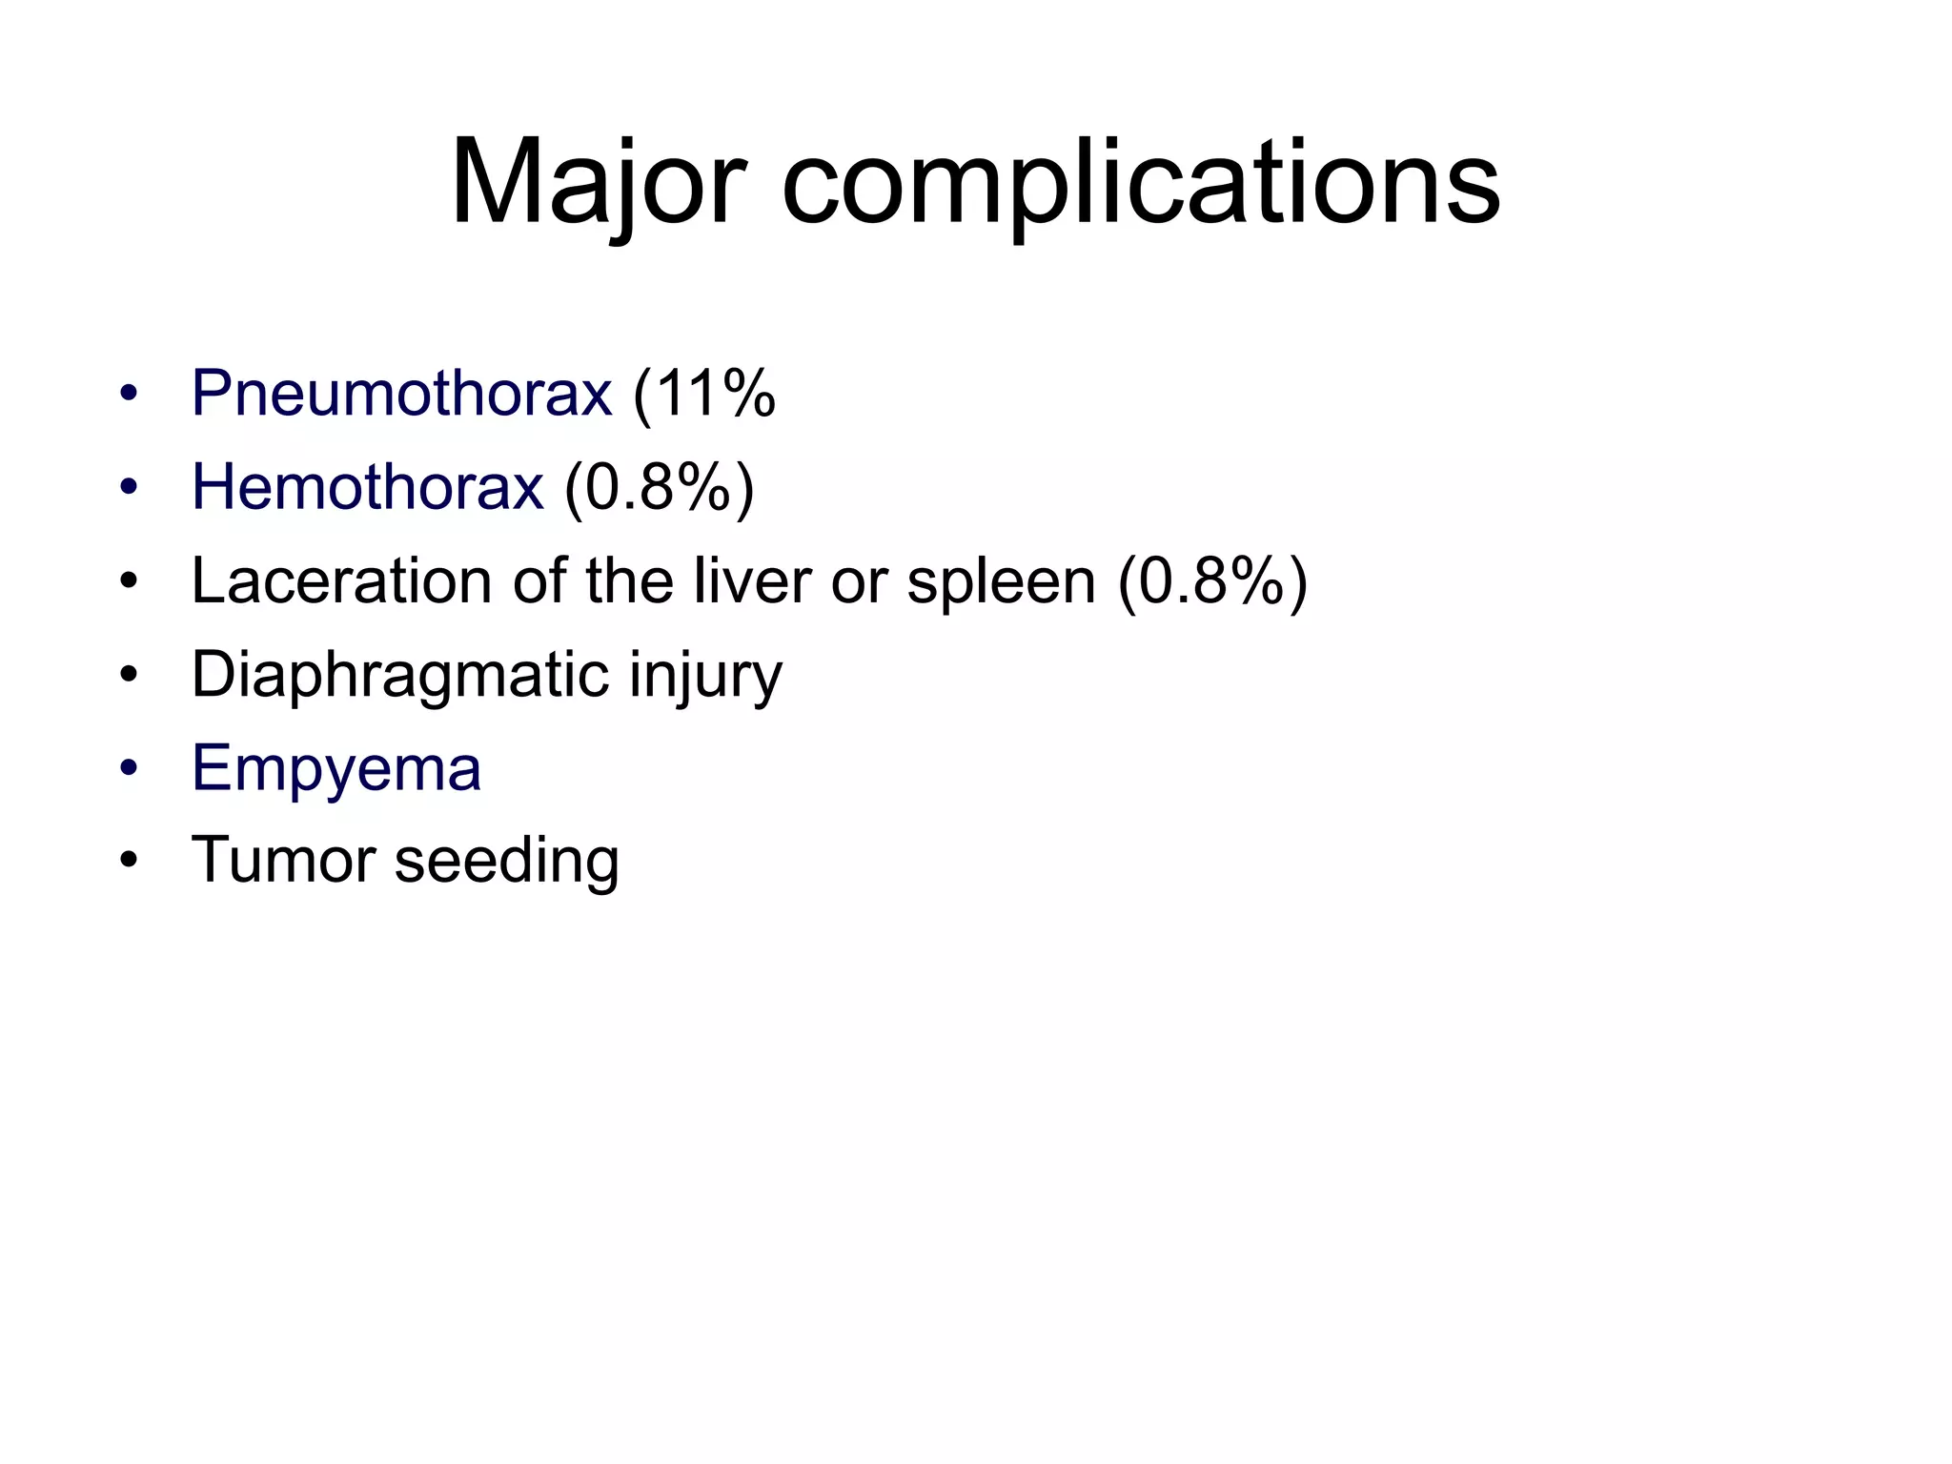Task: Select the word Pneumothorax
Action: point(401,393)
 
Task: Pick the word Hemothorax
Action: point(368,486)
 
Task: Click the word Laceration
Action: point(341,579)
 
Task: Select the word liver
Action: point(751,579)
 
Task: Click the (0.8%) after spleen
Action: point(1212,579)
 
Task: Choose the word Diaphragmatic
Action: point(400,675)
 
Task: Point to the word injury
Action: point(705,675)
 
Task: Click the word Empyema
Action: point(336,768)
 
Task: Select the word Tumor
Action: point(283,860)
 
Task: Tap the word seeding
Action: point(507,860)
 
